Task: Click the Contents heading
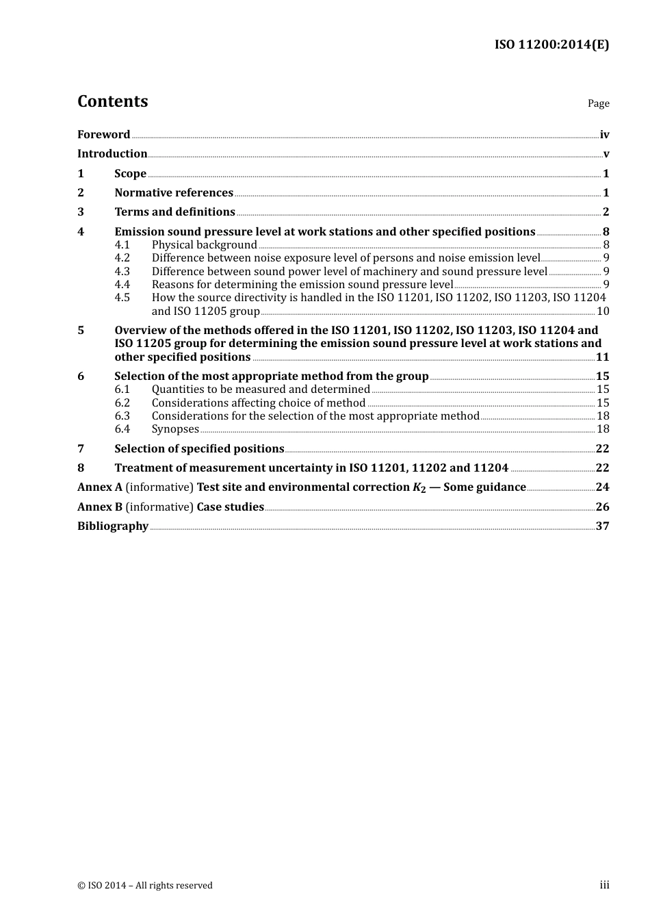pyautogui.click(x=112, y=101)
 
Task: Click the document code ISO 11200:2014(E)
pyautogui.click(x=551, y=44)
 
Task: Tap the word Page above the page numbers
pyautogui.click(x=598, y=103)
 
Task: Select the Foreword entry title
pyautogui.click(x=103, y=135)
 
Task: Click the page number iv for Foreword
pyautogui.click(x=604, y=135)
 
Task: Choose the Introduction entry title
pyautogui.click(x=112, y=154)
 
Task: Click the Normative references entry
pyautogui.click(x=174, y=193)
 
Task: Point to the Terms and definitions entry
pyautogui.click(x=174, y=212)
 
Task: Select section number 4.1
pyautogui.click(x=122, y=245)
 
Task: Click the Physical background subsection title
pyautogui.click(x=204, y=245)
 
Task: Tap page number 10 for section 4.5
pyautogui.click(x=603, y=311)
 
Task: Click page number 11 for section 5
pyautogui.click(x=602, y=357)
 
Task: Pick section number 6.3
pyautogui.click(x=122, y=416)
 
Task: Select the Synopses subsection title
pyautogui.click(x=175, y=429)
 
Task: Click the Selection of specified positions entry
pyautogui.click(x=199, y=449)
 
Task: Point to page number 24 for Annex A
pyautogui.click(x=602, y=487)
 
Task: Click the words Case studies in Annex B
pyautogui.click(x=230, y=507)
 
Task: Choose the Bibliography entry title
pyautogui.click(x=113, y=526)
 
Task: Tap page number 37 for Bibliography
pyautogui.click(x=602, y=526)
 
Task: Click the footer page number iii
pyautogui.click(x=604, y=885)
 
